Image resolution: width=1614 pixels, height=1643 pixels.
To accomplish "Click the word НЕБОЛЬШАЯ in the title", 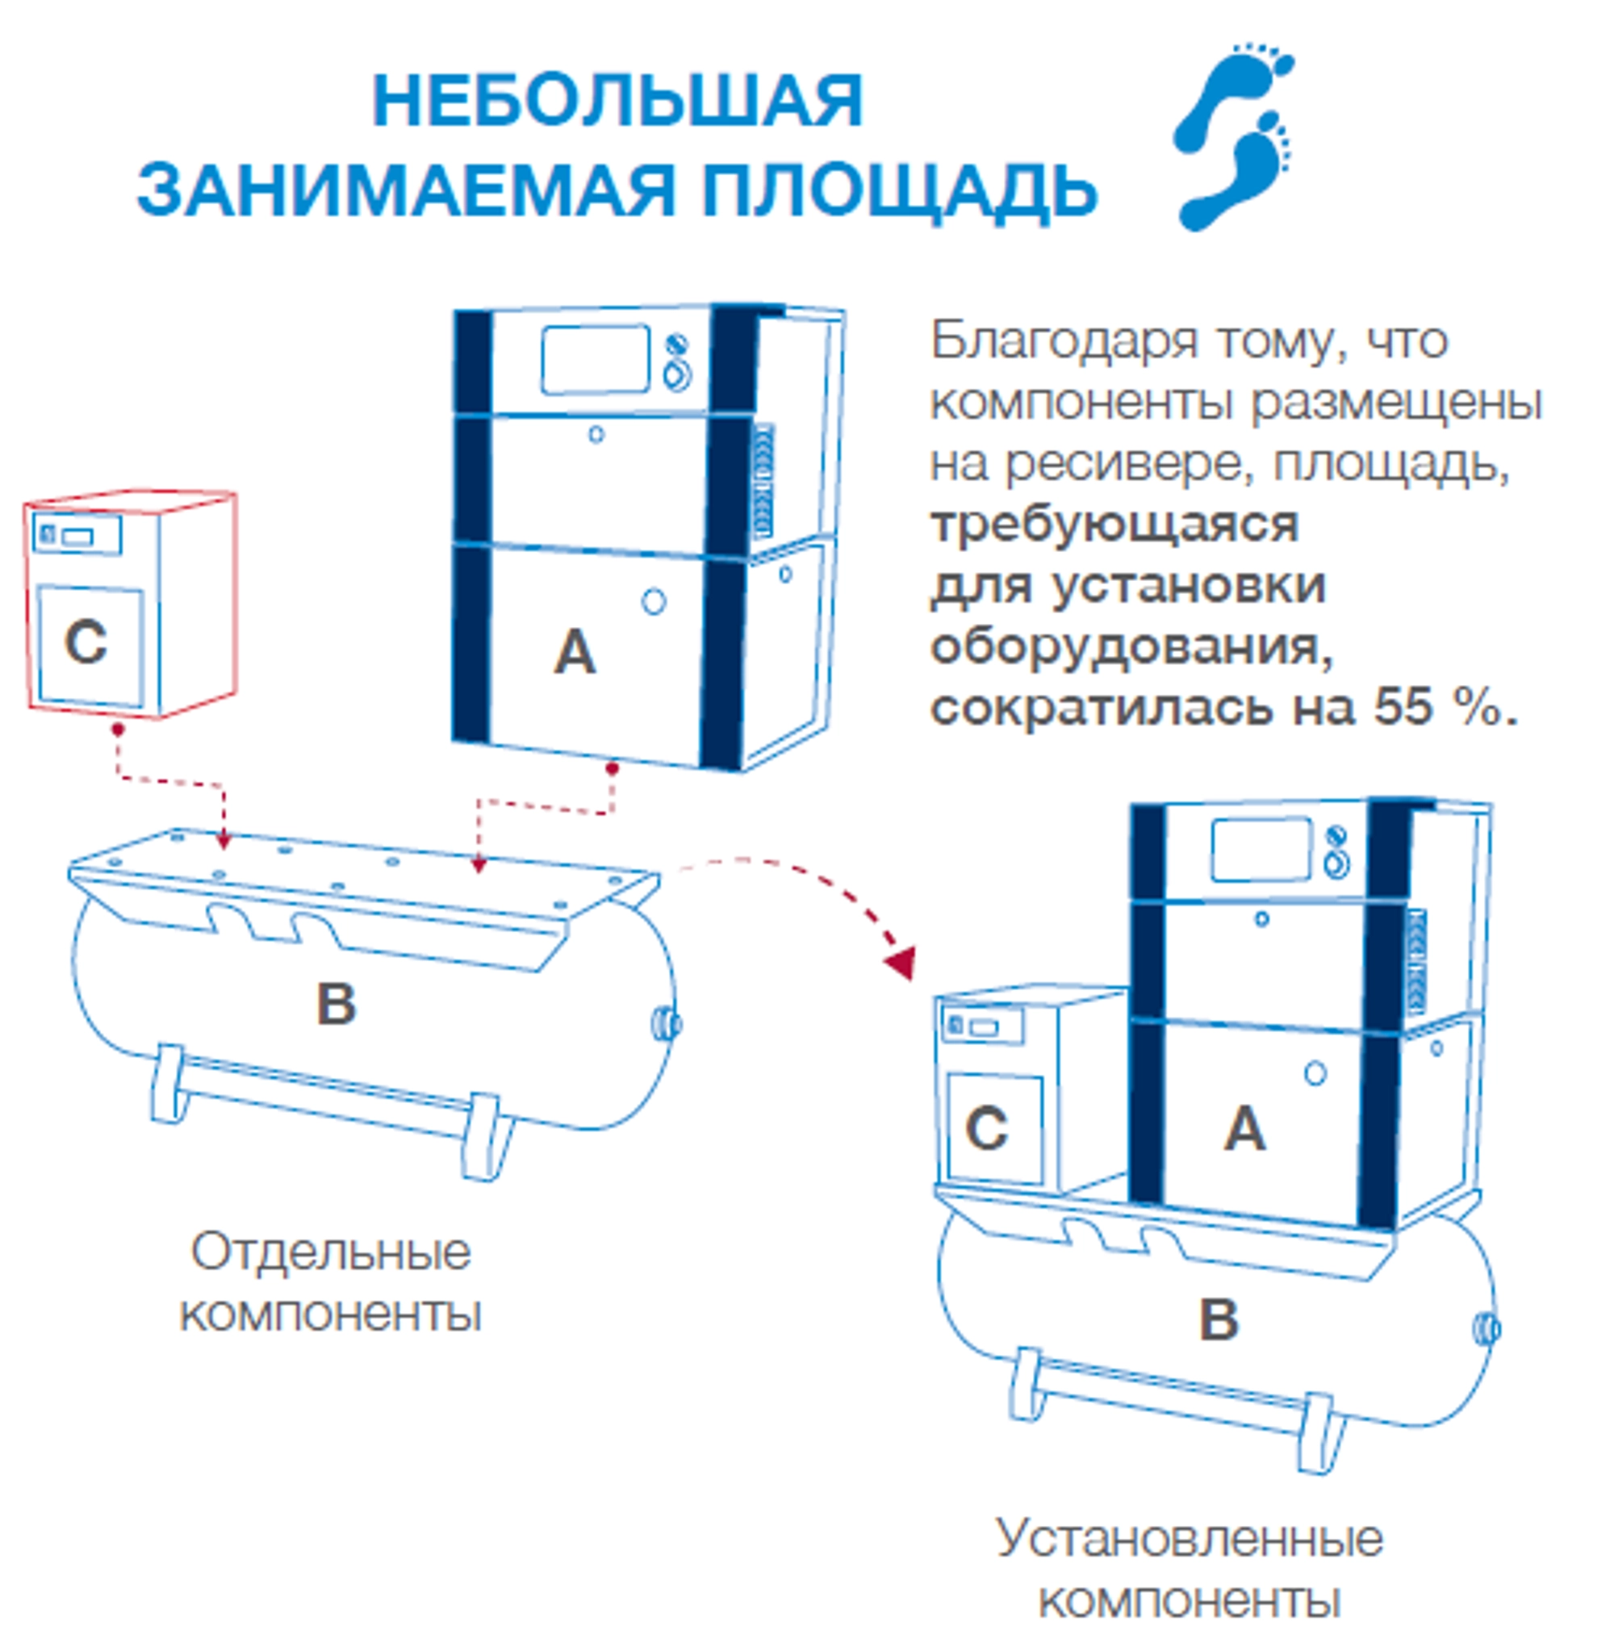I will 617,102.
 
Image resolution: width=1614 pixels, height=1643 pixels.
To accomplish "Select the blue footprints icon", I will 1233,136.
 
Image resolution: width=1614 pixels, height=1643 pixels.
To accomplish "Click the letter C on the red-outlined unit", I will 86,642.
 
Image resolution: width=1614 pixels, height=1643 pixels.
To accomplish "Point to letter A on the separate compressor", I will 575,653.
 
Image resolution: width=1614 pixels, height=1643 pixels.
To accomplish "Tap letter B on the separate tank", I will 336,1004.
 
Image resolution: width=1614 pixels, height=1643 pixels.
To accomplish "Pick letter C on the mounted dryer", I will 986,1129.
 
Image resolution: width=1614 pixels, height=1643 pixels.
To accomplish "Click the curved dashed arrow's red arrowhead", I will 901,961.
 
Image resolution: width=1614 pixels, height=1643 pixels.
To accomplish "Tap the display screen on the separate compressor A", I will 595,360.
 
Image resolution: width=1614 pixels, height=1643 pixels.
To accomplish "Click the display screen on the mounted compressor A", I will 1261,850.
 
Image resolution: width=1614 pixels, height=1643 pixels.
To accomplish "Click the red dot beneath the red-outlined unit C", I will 118,729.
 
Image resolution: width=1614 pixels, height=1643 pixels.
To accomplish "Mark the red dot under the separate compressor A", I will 612,768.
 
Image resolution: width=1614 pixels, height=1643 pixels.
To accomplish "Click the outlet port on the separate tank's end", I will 667,1025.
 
